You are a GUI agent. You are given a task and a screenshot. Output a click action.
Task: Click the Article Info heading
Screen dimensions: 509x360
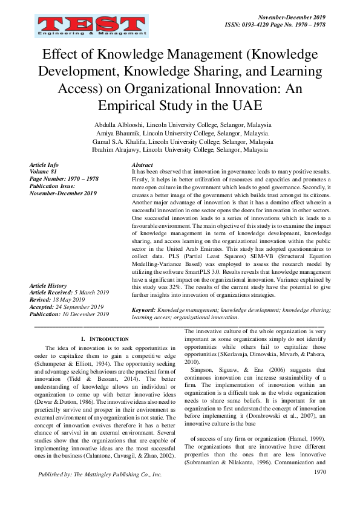pos(44,164)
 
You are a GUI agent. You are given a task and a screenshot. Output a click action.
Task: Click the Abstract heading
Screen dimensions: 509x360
pos(142,164)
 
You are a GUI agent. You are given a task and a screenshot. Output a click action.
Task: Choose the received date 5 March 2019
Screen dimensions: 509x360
pos(90,293)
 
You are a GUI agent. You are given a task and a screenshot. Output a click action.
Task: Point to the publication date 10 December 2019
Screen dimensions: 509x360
pos(85,314)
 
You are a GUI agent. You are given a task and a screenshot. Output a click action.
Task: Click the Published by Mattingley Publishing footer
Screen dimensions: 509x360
pos(100,475)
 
